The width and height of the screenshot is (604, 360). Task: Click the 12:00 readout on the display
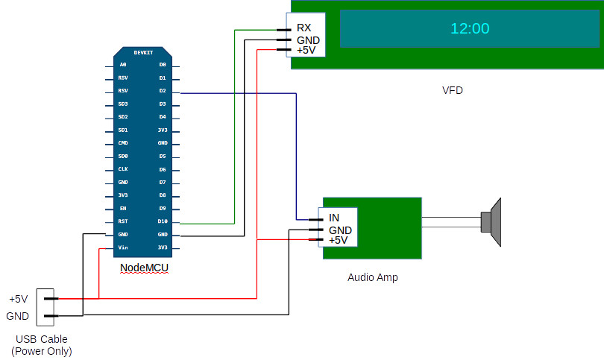[470, 29]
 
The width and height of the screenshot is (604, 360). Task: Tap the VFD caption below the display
[453, 90]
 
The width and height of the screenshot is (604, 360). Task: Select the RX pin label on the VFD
[303, 28]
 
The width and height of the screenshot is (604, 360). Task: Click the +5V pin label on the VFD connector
[306, 50]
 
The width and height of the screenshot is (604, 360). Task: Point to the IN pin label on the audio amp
[335, 218]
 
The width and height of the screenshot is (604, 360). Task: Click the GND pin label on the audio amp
[340, 230]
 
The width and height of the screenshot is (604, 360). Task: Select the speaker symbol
[491, 221]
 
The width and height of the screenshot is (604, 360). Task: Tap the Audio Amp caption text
[373, 277]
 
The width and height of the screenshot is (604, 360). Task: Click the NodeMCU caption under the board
[144, 268]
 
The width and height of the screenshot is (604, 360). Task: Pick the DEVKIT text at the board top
[144, 53]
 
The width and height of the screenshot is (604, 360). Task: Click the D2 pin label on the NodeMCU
[163, 91]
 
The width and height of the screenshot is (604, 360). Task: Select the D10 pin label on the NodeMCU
[163, 221]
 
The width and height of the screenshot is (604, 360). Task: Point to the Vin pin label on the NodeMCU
[122, 247]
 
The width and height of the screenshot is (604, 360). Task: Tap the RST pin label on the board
[122, 221]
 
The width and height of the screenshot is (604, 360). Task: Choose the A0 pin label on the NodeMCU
[122, 65]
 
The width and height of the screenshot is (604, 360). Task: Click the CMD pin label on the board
[122, 143]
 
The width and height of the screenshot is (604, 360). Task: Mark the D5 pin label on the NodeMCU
[163, 157]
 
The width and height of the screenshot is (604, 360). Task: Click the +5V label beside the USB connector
[18, 299]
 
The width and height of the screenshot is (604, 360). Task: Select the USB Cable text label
[42, 340]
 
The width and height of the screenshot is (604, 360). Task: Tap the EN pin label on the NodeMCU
[122, 209]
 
